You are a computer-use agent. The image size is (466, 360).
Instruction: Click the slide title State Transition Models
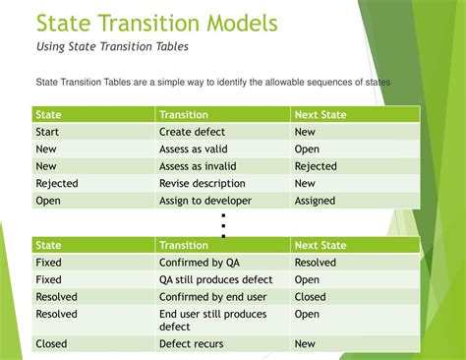pos(156,23)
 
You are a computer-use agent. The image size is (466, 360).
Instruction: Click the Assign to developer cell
pos(204,201)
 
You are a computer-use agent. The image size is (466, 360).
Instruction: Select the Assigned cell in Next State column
pos(315,201)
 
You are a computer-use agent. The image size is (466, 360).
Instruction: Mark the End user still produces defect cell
pos(213,321)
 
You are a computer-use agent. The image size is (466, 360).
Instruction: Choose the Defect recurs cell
pos(191,344)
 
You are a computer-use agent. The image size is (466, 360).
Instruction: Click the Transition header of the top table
pos(184,114)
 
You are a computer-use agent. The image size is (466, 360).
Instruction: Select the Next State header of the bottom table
pos(320,245)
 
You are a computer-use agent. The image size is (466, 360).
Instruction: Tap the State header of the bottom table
pos(48,245)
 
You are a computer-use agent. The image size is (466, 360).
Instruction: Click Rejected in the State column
pos(57,184)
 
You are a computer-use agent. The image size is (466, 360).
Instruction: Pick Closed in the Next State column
pos(310,296)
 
